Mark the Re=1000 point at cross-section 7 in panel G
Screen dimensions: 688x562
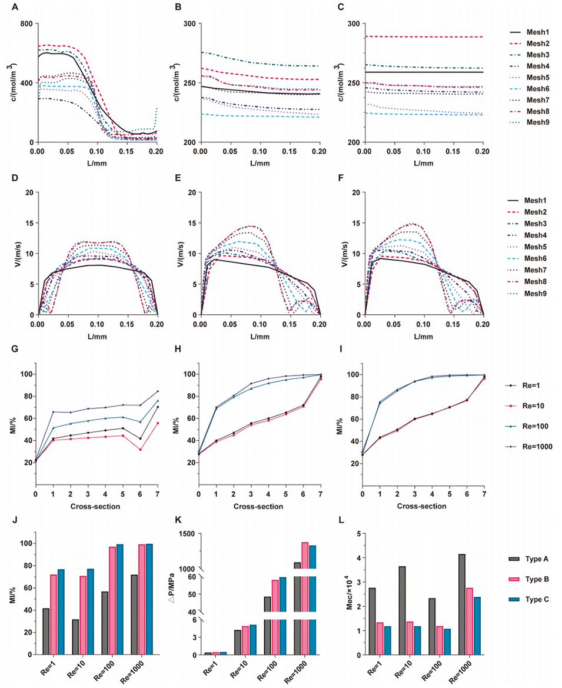point(157,391)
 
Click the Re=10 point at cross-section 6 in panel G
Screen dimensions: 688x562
point(139,450)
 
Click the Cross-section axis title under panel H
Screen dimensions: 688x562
point(258,507)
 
